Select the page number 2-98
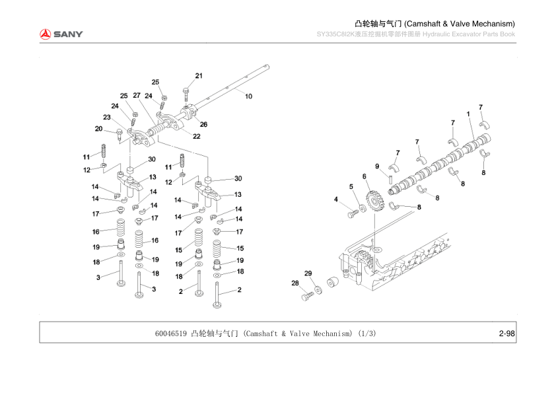[x=507, y=334]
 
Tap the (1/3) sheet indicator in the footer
[x=367, y=334]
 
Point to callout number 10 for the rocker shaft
[x=248, y=96]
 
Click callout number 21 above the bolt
[x=199, y=75]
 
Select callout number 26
[x=203, y=124]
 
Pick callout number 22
[x=196, y=137]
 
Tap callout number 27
[x=137, y=96]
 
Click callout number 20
[x=99, y=129]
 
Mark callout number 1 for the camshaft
[x=468, y=114]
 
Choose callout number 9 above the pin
[x=377, y=166]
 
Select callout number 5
[x=351, y=187]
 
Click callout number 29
[x=308, y=273]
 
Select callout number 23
[x=106, y=118]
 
